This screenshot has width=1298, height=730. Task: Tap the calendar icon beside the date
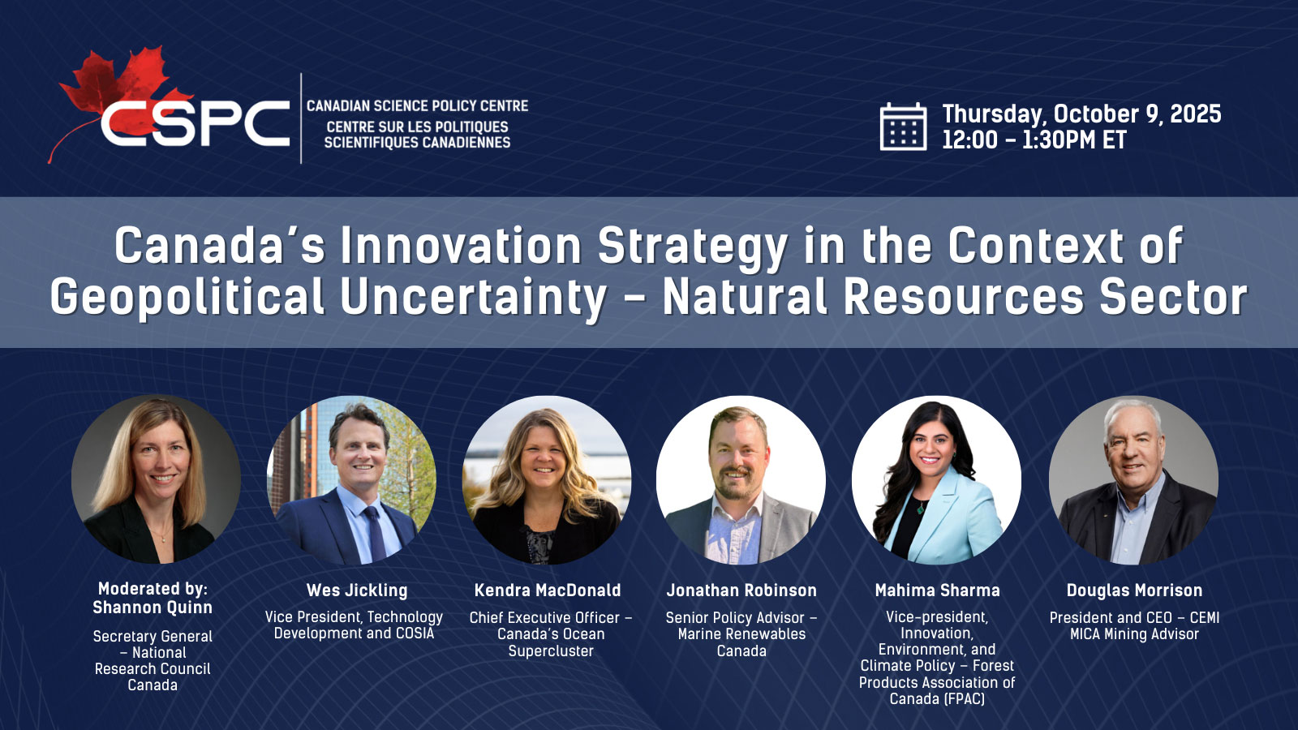[x=903, y=127]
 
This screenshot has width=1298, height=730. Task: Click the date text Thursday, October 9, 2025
[x=1081, y=114]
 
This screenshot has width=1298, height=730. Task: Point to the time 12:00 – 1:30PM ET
[x=1034, y=140]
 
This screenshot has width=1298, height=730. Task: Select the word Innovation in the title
[x=461, y=245]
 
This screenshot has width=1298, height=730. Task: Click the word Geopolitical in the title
[x=187, y=298]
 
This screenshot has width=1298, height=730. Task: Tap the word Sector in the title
[x=1173, y=296]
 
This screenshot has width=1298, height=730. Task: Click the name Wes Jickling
[x=357, y=590]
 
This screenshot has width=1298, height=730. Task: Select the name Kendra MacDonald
[x=548, y=590]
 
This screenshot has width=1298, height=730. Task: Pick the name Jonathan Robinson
[x=741, y=590]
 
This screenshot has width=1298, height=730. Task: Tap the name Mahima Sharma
[x=938, y=590]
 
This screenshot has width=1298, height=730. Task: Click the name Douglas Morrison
[x=1135, y=590]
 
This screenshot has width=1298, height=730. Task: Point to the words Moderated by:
[x=153, y=589]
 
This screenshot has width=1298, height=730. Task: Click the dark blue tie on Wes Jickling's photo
[x=374, y=533]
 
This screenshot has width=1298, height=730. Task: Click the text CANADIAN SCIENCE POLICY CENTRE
[x=417, y=106]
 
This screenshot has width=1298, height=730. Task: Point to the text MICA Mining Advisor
[x=1135, y=634]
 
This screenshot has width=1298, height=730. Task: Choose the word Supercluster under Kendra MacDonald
[x=551, y=651]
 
